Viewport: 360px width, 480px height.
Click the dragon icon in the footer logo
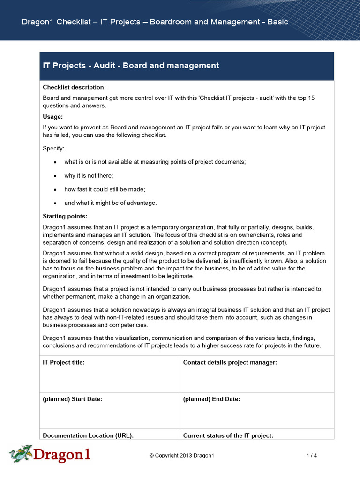[20, 454]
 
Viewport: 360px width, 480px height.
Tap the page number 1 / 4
[312, 455]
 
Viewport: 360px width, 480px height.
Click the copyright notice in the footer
[181, 455]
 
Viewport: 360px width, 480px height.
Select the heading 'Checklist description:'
[75, 87]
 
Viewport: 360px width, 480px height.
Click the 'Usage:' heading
[53, 116]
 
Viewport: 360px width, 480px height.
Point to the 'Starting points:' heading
[65, 216]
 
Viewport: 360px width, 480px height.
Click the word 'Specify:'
[54, 148]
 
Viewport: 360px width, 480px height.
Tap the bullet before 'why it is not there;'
[55, 176]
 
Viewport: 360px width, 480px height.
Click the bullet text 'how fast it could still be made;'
[105, 189]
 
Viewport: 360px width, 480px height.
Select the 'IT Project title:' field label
[64, 362]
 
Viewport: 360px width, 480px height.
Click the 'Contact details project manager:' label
[230, 362]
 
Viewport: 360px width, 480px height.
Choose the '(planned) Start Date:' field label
[72, 399]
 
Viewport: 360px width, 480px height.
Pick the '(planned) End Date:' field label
[211, 399]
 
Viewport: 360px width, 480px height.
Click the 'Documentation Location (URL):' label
[88, 435]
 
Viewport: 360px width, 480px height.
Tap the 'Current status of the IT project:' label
[228, 435]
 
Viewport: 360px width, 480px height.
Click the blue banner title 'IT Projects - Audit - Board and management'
[131, 66]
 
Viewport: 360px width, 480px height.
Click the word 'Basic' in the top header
[277, 22]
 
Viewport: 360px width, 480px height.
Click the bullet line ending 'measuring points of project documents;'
[155, 162]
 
